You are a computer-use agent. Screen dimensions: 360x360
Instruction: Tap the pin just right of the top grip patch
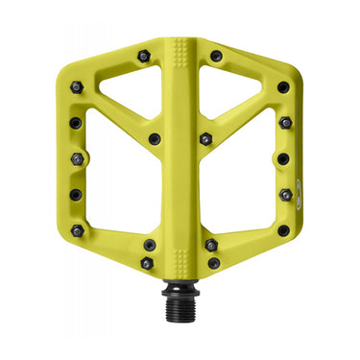216,57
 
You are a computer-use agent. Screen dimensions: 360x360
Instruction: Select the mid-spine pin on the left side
155,139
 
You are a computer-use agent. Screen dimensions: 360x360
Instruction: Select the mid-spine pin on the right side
204,139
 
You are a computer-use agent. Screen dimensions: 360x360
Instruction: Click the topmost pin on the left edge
77,87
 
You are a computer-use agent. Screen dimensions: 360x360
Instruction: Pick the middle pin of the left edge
76,159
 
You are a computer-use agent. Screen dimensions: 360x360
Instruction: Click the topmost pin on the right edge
283,87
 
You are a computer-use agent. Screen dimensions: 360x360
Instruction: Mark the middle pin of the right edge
283,158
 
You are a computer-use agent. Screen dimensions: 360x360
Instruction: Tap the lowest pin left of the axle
147,263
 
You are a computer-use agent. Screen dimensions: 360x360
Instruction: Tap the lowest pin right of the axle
213,263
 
